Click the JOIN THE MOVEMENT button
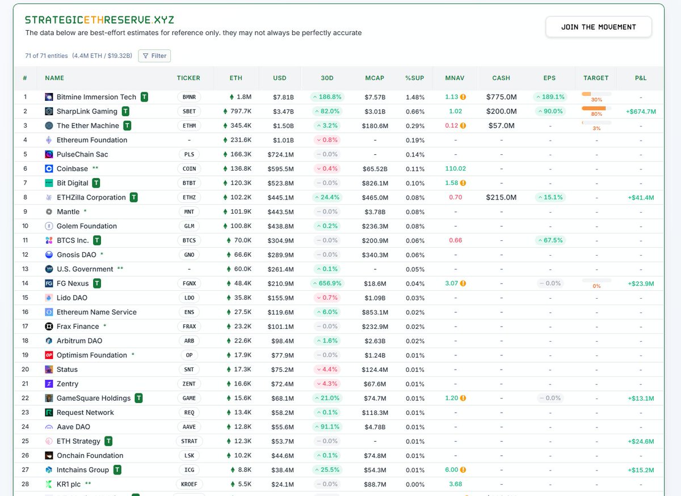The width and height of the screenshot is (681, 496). click(x=598, y=27)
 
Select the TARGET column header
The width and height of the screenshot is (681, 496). click(x=596, y=78)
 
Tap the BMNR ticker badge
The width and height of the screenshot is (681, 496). click(x=189, y=97)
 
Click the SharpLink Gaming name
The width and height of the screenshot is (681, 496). click(x=87, y=111)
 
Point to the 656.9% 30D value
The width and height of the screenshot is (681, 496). click(x=326, y=283)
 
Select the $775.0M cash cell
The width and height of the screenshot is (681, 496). click(x=501, y=97)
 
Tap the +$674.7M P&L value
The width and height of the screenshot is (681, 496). click(x=641, y=112)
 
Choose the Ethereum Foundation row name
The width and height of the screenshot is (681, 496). click(x=92, y=140)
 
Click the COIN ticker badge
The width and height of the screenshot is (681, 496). click(x=189, y=168)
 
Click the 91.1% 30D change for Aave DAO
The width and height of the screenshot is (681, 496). click(x=326, y=427)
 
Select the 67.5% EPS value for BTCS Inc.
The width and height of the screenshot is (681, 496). click(x=549, y=240)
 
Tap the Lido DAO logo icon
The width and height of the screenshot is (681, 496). click(x=49, y=298)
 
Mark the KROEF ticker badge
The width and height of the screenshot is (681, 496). click(x=189, y=484)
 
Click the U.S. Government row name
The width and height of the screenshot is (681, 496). click(x=85, y=269)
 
